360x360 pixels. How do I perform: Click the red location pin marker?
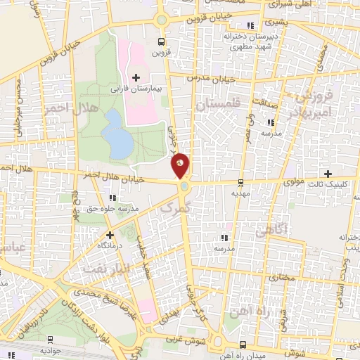180,166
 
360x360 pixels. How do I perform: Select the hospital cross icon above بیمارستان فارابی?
136,77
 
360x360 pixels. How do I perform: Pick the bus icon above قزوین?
162,41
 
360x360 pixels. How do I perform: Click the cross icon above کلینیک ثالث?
327,173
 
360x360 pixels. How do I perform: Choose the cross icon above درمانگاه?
109,235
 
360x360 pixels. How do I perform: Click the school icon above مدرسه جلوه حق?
77,198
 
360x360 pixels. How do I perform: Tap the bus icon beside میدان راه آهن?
243,345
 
